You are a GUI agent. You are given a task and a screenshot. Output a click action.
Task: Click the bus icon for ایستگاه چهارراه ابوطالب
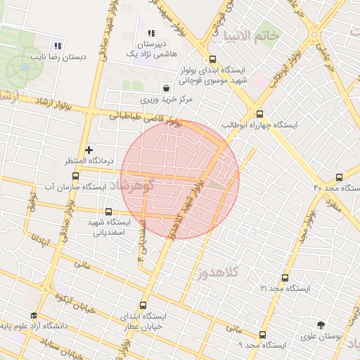pyautogui.click(x=259, y=114)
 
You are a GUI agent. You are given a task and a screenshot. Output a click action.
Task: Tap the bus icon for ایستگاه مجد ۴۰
pyautogui.click(x=340, y=177)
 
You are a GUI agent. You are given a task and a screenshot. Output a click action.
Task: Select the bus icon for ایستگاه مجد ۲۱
pyautogui.click(x=285, y=278)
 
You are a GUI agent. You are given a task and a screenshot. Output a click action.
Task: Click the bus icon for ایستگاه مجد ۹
pyautogui.click(x=262, y=335)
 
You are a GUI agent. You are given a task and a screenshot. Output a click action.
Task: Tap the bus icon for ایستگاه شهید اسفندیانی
pyautogui.click(x=108, y=212)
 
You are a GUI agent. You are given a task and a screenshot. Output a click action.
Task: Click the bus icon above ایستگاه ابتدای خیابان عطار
pyautogui.click(x=143, y=306)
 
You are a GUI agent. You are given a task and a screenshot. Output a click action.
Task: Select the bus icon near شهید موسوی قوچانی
pyautogui.click(x=213, y=60)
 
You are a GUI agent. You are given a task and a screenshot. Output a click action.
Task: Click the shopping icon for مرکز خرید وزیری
pyautogui.click(x=165, y=89)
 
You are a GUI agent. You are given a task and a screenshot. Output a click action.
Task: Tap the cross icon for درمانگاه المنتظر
pyautogui.click(x=89, y=150)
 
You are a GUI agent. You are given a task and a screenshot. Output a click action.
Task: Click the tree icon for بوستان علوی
pyautogui.click(x=321, y=326)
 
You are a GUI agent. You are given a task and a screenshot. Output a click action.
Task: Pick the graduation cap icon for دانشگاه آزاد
pyautogui.click(x=33, y=316)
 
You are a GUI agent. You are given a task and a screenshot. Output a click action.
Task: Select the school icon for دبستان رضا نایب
pyautogui.click(x=58, y=46)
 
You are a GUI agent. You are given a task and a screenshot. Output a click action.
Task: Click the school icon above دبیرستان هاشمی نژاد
pyautogui.click(x=150, y=32)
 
